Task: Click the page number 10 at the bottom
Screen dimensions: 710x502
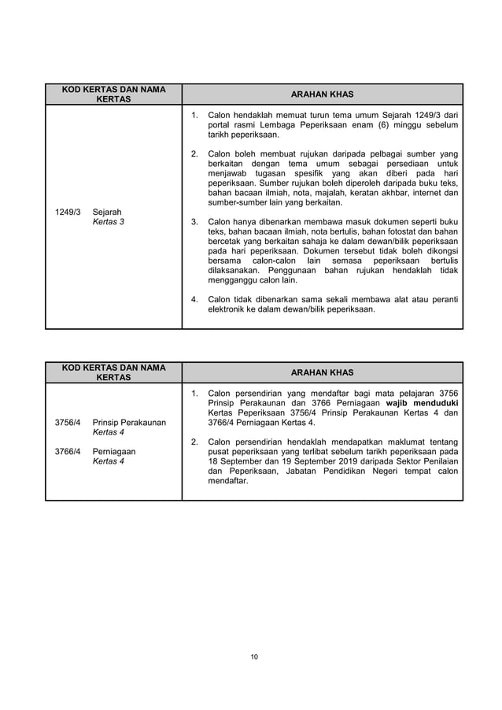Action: (x=254, y=656)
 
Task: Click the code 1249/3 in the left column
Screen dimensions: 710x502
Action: (x=67, y=212)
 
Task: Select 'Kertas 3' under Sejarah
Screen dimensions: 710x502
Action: (x=108, y=222)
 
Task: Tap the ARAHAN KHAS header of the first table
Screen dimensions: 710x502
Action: (x=322, y=94)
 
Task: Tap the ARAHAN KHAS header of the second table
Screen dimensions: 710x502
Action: (x=322, y=372)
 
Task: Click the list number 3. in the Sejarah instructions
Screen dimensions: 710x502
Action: (x=195, y=222)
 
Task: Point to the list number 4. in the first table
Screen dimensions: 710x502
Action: (x=195, y=299)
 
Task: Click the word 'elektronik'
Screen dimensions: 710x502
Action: (x=229, y=309)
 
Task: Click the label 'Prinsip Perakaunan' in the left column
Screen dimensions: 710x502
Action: (x=129, y=423)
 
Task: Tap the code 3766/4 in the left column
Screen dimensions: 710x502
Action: (x=67, y=452)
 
